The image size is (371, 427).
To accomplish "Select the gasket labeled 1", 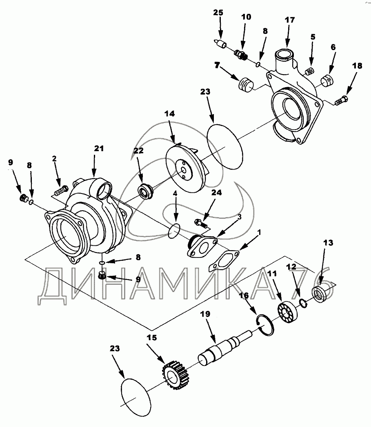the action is click(224, 261).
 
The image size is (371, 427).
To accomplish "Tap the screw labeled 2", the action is click(61, 190).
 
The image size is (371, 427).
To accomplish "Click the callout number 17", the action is click(290, 20).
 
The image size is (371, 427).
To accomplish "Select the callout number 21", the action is click(99, 148).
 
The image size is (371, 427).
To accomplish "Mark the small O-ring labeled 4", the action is click(174, 231).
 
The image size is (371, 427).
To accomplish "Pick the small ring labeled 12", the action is click(303, 303).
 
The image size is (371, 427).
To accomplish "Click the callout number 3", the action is click(239, 217).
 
